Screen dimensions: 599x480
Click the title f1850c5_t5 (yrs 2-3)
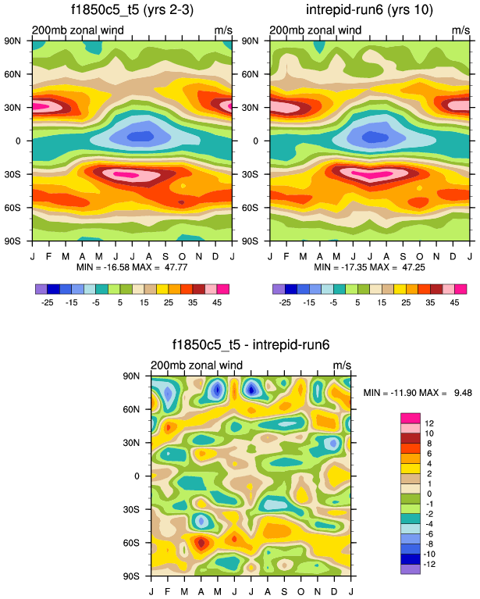click(x=132, y=10)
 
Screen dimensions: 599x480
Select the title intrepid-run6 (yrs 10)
click(x=370, y=10)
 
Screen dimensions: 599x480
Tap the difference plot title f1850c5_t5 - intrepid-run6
click(x=251, y=344)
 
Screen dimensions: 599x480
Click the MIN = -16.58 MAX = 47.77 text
click(x=132, y=268)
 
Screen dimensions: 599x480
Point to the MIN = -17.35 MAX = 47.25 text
click(x=370, y=268)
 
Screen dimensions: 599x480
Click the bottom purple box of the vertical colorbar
click(x=411, y=569)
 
